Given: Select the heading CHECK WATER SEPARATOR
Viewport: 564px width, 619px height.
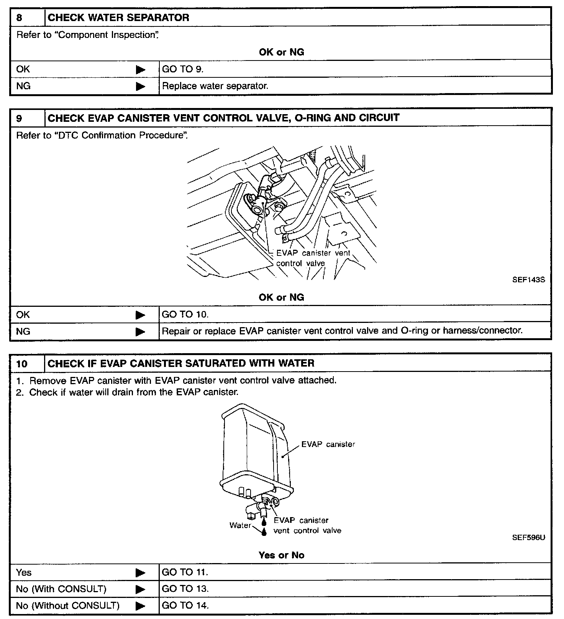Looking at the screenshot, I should pyautogui.click(x=118, y=18).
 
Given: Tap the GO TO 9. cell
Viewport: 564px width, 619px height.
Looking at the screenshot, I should pyautogui.click(x=183, y=69).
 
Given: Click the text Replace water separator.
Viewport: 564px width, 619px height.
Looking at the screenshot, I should pyautogui.click(x=215, y=86).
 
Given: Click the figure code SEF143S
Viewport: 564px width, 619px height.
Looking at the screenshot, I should pyautogui.click(x=528, y=280).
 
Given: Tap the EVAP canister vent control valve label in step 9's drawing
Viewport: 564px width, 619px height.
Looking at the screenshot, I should pyautogui.click(x=313, y=258).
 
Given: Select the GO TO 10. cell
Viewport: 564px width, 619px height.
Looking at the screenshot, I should pyautogui.click(x=185, y=315).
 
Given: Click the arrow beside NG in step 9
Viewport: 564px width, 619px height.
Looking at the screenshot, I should pyautogui.click(x=141, y=332).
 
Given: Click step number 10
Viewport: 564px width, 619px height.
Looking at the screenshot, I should pyautogui.click(x=22, y=364).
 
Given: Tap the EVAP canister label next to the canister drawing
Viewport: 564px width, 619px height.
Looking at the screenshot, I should pyautogui.click(x=328, y=444).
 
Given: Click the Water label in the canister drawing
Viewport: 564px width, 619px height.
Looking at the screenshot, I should pyautogui.click(x=240, y=525).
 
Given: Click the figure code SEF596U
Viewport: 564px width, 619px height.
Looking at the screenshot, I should pyautogui.click(x=528, y=537).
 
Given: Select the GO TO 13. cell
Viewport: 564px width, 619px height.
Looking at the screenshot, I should pyautogui.click(x=185, y=589).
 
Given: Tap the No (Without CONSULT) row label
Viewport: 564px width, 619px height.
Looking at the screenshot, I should pyautogui.click(x=67, y=606).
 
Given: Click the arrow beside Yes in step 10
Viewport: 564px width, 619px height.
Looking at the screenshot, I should pyautogui.click(x=141, y=573).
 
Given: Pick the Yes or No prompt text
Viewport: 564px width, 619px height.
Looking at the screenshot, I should pyautogui.click(x=281, y=555).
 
